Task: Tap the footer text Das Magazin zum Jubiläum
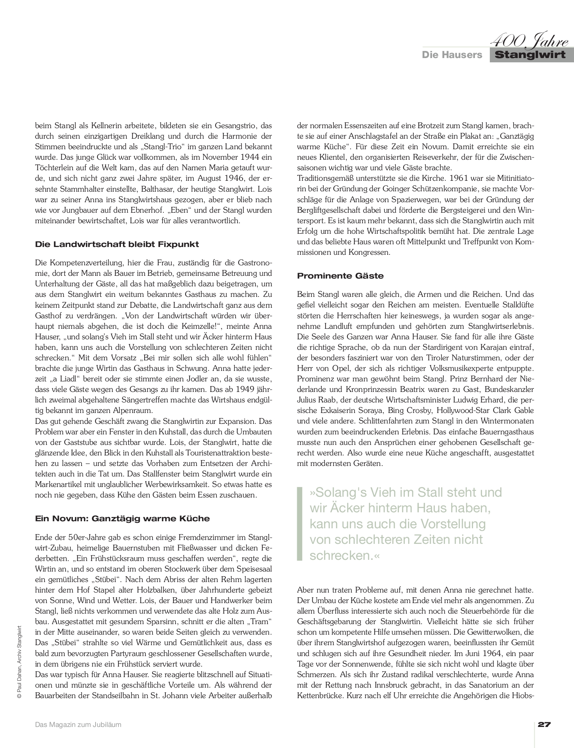[78, 725]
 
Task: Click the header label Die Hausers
[452, 55]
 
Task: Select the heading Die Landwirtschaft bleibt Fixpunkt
[117, 245]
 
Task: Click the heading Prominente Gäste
[340, 276]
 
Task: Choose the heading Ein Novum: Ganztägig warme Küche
[122, 519]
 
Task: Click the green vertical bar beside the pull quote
[299, 524]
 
